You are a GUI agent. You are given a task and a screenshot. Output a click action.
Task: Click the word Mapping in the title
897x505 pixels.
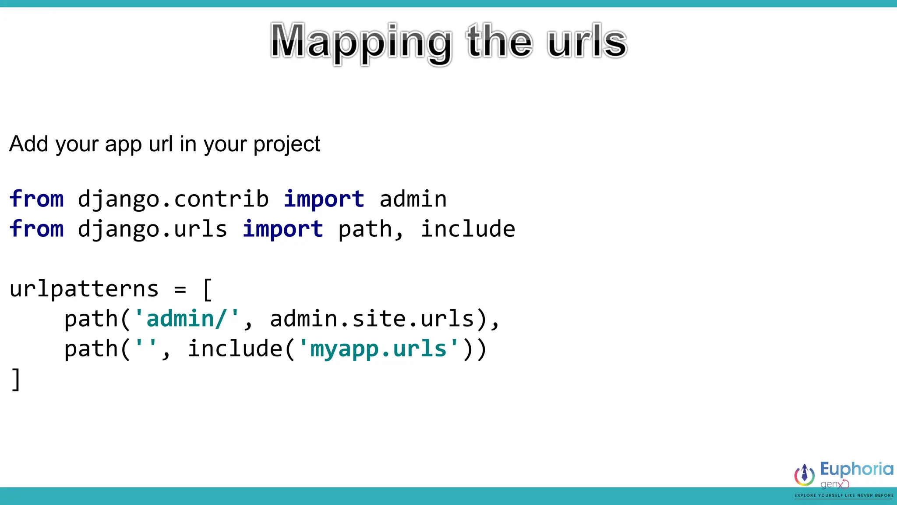point(360,43)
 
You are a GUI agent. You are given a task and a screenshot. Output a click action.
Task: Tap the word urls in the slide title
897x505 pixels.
point(587,43)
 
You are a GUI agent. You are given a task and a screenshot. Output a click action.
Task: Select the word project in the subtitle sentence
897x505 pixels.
point(287,145)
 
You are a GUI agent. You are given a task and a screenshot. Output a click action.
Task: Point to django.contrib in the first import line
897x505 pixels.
point(173,199)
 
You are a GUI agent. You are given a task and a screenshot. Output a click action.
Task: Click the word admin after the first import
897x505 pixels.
point(413,199)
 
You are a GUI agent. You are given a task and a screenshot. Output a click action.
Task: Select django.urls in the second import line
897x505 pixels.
point(152,229)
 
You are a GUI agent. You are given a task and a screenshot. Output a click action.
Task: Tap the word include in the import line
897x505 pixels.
point(468,229)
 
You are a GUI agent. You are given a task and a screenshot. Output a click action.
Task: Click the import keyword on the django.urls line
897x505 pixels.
point(283,229)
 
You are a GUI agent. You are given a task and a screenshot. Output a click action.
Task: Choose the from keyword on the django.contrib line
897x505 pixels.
point(37,199)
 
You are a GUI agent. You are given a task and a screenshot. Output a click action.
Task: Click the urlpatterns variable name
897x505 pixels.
point(84,289)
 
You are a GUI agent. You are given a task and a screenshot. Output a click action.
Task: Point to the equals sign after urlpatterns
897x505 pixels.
point(180,289)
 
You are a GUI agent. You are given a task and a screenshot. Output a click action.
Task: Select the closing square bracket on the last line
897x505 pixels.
point(16,379)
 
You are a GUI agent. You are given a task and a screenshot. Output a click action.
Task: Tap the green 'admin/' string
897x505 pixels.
point(187,319)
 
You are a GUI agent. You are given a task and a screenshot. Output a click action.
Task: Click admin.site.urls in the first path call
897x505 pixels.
point(372,319)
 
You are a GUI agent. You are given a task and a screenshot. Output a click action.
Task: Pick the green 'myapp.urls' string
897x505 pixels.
point(378,349)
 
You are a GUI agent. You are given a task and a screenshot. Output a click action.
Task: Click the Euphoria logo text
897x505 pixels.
point(856,469)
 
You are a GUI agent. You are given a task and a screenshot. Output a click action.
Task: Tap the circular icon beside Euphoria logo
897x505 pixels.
point(804,475)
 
